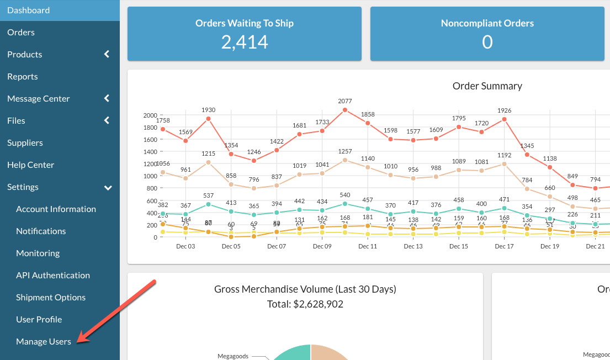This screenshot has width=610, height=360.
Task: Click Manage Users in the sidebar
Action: pos(44,342)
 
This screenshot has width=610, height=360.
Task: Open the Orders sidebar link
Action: pos(21,33)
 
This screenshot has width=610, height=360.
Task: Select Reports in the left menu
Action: pos(23,77)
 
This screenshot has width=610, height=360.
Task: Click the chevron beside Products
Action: pos(107,54)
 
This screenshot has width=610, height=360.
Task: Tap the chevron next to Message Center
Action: pos(107,98)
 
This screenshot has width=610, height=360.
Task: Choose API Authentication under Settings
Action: pos(53,276)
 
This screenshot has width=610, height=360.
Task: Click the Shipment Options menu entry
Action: pos(51,298)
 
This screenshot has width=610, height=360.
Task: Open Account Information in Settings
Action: pos(56,209)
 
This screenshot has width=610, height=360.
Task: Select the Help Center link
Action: pos(31,165)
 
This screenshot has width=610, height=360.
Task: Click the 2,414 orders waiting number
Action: pos(245,42)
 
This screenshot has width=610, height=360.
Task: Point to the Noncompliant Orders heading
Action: pos(487,23)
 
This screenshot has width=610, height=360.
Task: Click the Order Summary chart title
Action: pos(487,86)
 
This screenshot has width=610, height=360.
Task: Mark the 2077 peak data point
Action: pos(345,110)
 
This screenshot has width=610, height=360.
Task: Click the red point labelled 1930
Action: pos(209,119)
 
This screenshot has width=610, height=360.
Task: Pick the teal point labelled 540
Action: pos(345,204)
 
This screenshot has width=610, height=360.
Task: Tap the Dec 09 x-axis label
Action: pos(322,246)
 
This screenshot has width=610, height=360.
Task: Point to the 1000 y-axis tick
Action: pos(150,176)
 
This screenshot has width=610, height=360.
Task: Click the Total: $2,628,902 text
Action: pos(305,304)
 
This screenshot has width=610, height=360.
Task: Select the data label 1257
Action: pos(345,151)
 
